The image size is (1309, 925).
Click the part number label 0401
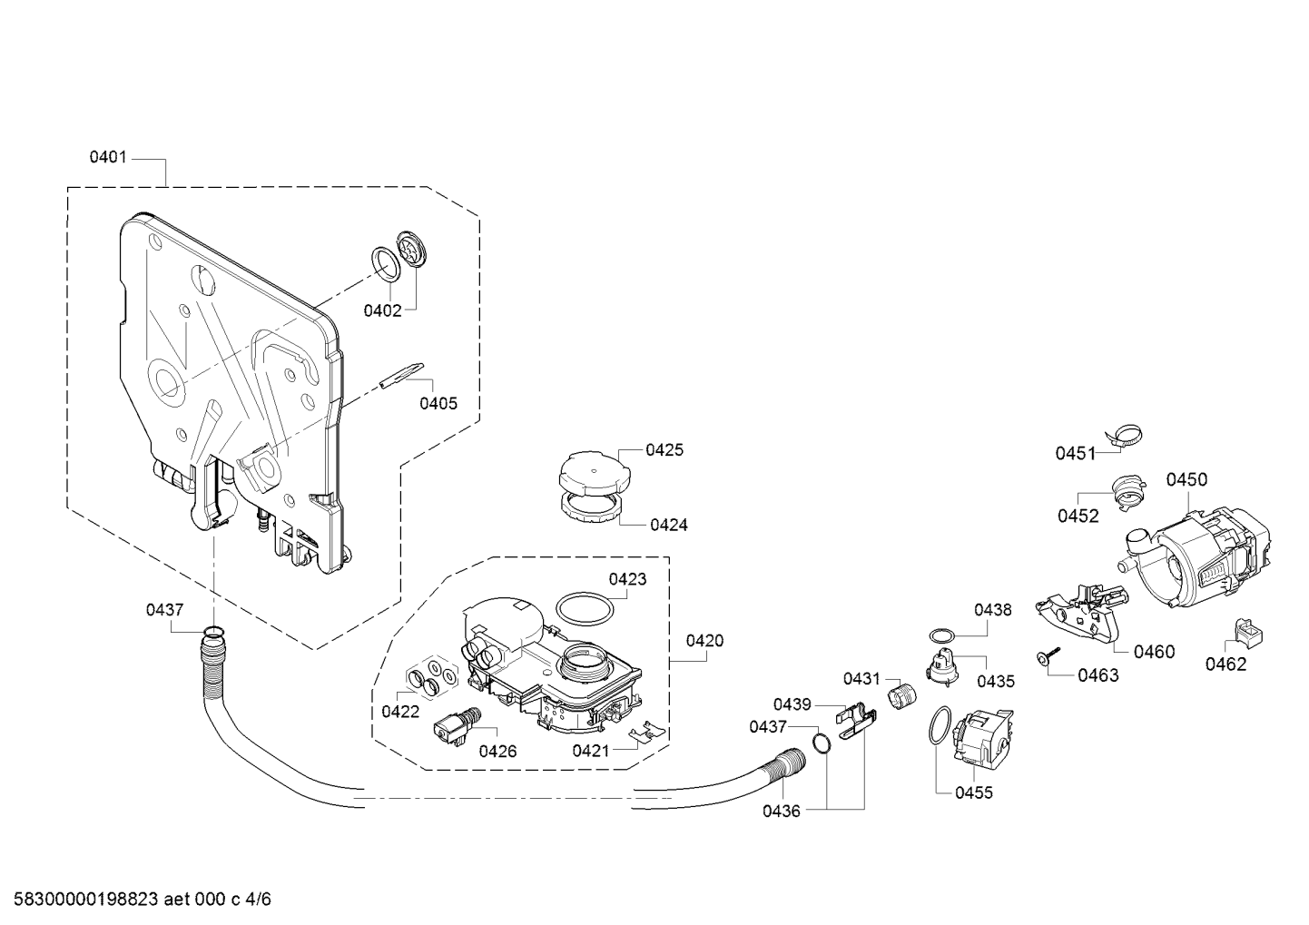tap(108, 157)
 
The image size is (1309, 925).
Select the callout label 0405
tap(438, 403)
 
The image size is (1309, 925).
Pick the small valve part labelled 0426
tap(457, 726)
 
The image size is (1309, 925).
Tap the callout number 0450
tap(1186, 479)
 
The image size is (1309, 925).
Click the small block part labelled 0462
tap(1247, 634)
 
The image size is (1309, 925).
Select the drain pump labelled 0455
tap(983, 736)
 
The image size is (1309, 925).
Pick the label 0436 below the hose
tap(782, 811)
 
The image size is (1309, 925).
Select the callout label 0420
tap(704, 641)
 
